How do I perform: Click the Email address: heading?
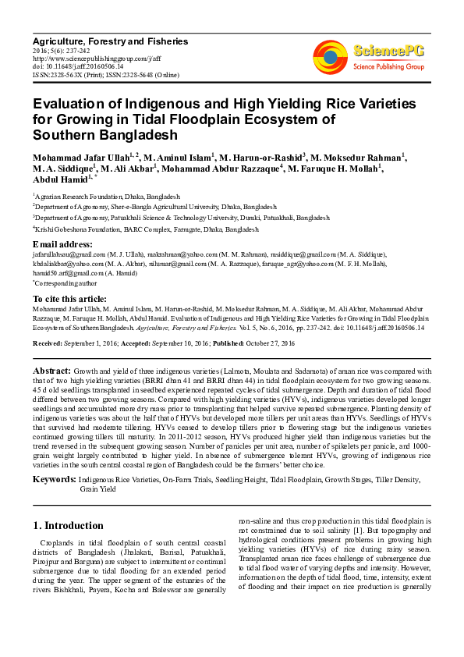pyautogui.click(x=62, y=244)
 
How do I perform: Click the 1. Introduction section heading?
pyautogui.click(x=69, y=526)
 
